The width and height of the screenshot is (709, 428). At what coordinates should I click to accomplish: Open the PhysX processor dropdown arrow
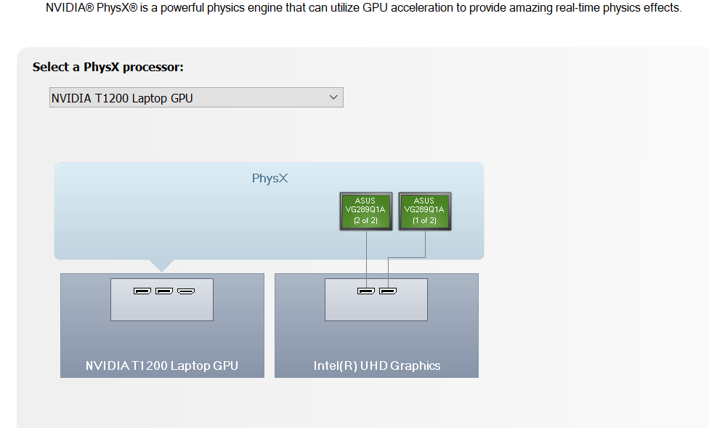click(x=333, y=97)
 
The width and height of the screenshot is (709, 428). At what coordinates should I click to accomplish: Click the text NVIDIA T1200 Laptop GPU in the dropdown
click(x=122, y=98)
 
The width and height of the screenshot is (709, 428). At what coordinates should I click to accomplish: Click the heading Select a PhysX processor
click(x=108, y=67)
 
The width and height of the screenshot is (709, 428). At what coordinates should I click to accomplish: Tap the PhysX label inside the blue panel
click(x=270, y=178)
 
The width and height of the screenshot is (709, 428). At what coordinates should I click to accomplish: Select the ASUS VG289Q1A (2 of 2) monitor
click(x=366, y=211)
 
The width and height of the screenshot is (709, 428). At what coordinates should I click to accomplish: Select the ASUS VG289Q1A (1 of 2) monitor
click(x=424, y=211)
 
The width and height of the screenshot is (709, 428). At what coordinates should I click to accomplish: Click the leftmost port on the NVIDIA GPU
click(x=142, y=291)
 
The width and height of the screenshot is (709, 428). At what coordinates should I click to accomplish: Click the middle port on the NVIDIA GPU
click(x=164, y=291)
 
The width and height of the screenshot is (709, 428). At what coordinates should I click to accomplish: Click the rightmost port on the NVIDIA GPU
click(x=186, y=291)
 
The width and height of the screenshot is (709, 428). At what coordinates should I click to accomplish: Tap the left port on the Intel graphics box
click(x=366, y=291)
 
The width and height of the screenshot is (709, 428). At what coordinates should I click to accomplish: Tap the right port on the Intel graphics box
click(x=388, y=291)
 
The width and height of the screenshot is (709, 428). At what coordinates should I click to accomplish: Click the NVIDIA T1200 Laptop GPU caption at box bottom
click(x=162, y=366)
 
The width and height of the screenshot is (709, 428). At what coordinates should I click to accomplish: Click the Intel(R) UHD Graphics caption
click(x=377, y=366)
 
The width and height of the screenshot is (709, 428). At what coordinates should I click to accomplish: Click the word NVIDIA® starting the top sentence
click(x=70, y=8)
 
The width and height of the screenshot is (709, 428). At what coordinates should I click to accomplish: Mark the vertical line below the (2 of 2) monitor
click(x=366, y=259)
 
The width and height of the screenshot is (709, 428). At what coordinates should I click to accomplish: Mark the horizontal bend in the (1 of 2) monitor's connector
click(x=407, y=258)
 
